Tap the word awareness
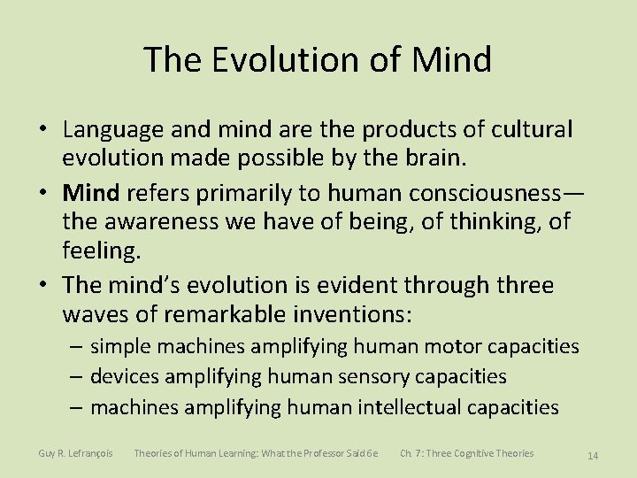tap(156, 221)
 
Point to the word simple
tap(121, 346)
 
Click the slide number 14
tap(593, 455)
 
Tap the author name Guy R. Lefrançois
tap(75, 453)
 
